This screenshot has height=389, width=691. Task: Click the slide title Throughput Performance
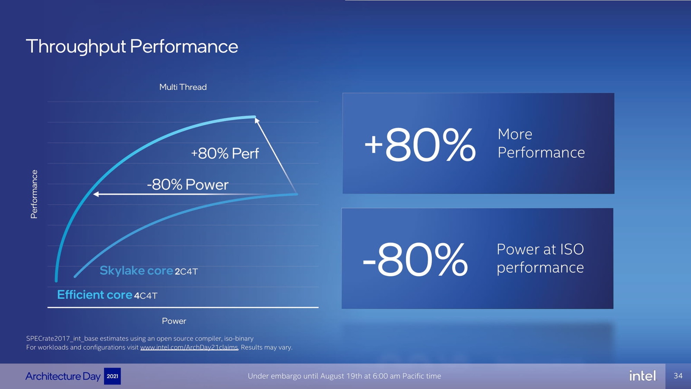[132, 47]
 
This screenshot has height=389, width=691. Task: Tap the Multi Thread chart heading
[183, 87]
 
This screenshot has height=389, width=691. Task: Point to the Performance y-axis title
[34, 194]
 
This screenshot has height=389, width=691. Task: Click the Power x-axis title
[174, 321]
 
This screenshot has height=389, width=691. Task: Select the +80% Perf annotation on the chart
[225, 153]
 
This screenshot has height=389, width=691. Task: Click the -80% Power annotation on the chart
[187, 185]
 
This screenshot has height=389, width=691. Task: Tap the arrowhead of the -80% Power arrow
[96, 194]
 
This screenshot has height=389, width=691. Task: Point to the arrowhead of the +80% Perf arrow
[257, 121]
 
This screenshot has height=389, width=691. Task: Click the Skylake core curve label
[136, 271]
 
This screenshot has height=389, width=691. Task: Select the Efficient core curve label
[95, 295]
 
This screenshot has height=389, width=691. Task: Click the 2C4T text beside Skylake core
[186, 271]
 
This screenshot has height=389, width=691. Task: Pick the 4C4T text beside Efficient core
[146, 296]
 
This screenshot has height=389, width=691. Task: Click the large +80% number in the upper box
[419, 144]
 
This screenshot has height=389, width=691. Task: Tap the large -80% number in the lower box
[415, 259]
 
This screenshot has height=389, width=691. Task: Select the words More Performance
[541, 143]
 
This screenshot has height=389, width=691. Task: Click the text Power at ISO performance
[540, 258]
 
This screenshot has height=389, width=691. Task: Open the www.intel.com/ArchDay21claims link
[189, 348]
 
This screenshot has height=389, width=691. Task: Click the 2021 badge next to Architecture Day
[112, 376]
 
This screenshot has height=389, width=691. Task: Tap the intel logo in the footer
[643, 376]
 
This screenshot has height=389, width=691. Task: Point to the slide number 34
[678, 376]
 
